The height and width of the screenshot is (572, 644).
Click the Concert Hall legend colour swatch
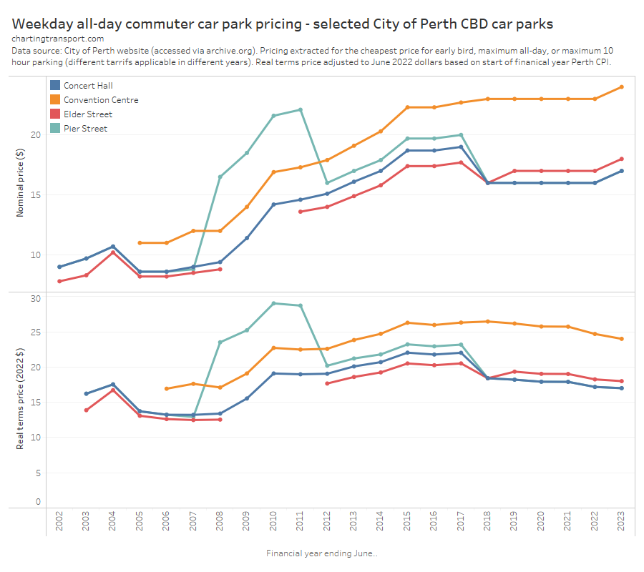[55, 86]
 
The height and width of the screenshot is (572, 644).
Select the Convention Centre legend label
[101, 100]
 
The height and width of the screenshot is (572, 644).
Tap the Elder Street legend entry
[88, 114]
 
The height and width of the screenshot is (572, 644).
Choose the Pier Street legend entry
[85, 129]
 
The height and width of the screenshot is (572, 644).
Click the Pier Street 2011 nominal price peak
[301, 109]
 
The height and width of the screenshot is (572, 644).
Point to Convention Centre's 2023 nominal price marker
[621, 87]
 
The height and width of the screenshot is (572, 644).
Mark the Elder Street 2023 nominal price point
[621, 159]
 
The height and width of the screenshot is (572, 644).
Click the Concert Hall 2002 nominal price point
[59, 267]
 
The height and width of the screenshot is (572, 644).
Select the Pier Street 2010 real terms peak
[273, 303]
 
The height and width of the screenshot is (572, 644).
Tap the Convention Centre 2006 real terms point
[167, 389]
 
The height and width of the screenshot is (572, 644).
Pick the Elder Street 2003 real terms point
[86, 410]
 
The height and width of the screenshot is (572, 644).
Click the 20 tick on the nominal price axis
[34, 135]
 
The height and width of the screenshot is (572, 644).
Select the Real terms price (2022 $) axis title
[20, 399]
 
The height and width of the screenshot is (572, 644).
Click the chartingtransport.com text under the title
[57, 39]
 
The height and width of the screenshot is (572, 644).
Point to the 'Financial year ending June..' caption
[322, 553]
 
